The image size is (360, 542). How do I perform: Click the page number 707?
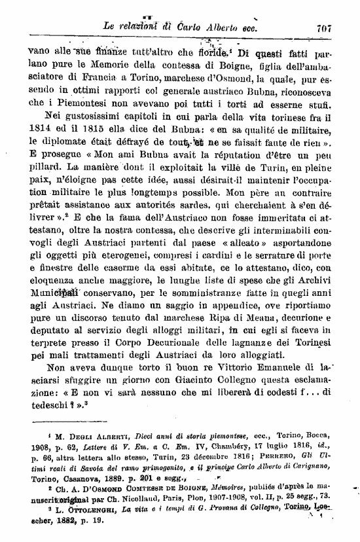[x=326, y=28]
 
